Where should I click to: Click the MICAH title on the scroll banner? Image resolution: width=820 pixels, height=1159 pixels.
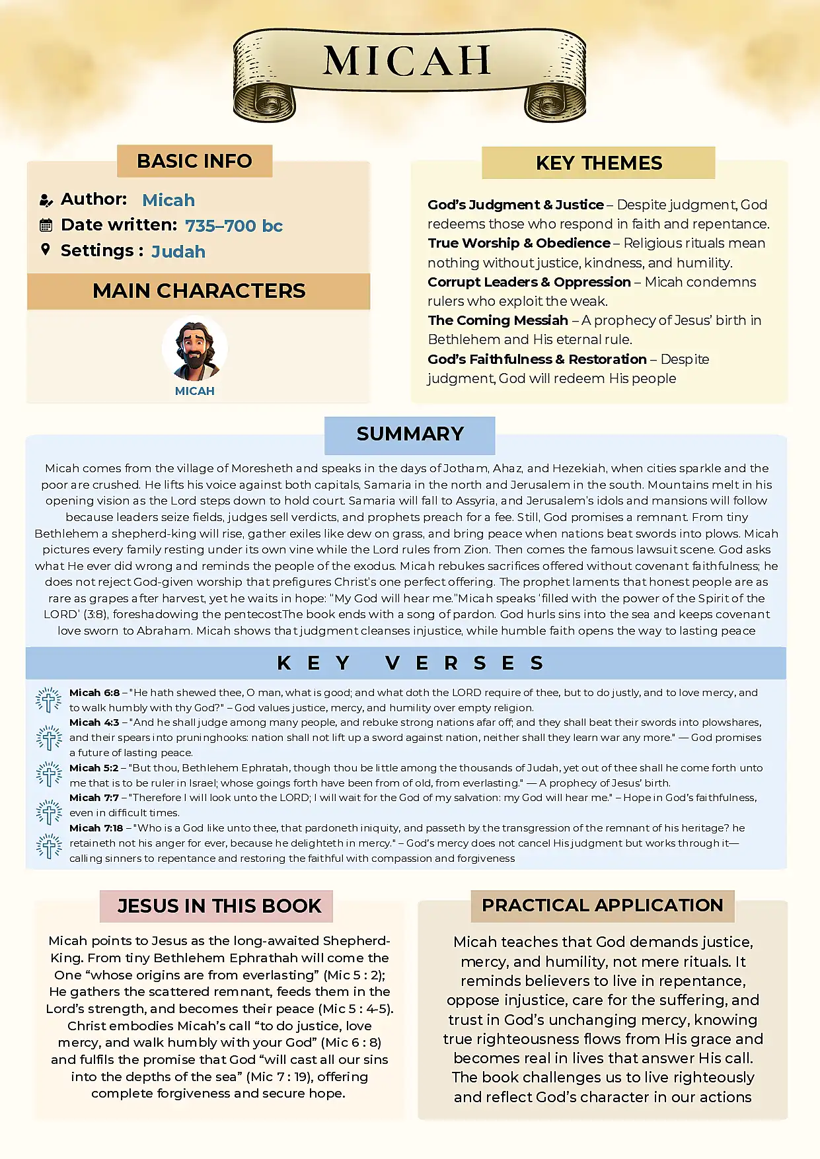click(x=407, y=61)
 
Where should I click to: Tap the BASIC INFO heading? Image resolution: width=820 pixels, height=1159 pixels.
click(x=194, y=161)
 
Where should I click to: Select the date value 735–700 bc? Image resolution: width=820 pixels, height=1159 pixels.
click(x=234, y=226)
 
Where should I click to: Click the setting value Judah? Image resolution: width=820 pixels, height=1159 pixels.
click(x=178, y=252)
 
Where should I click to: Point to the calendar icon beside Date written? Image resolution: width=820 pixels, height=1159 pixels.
click(x=46, y=225)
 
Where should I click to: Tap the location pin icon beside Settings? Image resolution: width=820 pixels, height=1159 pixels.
click(x=46, y=250)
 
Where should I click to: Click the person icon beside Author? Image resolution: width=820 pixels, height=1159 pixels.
click(x=46, y=200)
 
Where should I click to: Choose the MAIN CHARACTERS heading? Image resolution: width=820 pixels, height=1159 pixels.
click(x=199, y=291)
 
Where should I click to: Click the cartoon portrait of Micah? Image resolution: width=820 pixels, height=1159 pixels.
click(x=195, y=349)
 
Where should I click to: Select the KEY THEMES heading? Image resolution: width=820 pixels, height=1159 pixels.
click(x=599, y=163)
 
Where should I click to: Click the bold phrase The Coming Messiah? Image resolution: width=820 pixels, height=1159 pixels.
click(x=498, y=320)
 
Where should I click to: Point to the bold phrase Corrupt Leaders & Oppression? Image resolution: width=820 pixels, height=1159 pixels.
click(x=529, y=282)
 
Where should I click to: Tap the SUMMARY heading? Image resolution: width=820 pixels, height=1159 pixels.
click(x=410, y=434)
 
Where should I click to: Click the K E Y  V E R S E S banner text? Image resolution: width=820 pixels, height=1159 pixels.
click(x=410, y=663)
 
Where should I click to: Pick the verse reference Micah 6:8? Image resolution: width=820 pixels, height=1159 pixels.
click(x=94, y=693)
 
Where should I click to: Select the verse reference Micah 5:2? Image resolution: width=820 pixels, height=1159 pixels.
click(x=94, y=768)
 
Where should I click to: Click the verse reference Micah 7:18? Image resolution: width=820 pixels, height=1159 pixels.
click(x=96, y=828)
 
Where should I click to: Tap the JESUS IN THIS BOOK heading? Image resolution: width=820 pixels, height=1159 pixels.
click(x=219, y=906)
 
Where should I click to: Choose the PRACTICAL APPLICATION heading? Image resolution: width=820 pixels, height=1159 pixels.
click(x=602, y=905)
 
